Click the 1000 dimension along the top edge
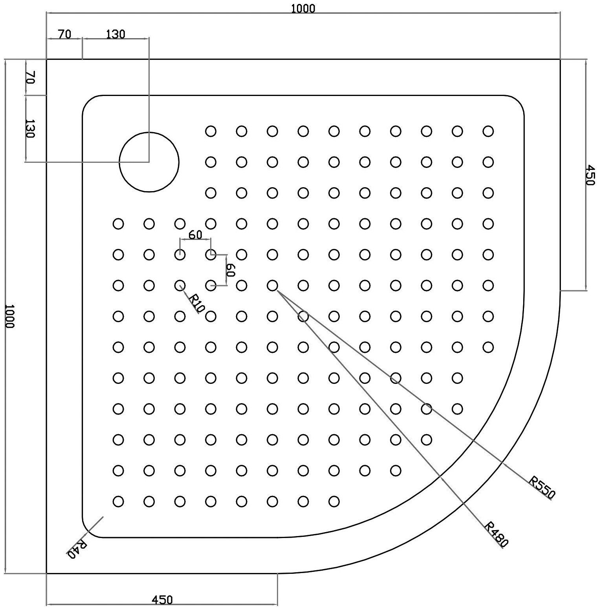(303, 8)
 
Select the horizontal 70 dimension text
(64, 34)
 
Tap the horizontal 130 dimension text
(115, 34)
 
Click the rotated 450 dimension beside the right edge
(590, 175)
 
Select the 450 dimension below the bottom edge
(162, 600)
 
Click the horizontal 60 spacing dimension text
(195, 234)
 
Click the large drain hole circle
(149, 162)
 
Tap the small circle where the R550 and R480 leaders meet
(272, 286)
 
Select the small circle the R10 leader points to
(180, 286)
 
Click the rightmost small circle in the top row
(488, 131)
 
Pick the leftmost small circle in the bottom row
(118, 501)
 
